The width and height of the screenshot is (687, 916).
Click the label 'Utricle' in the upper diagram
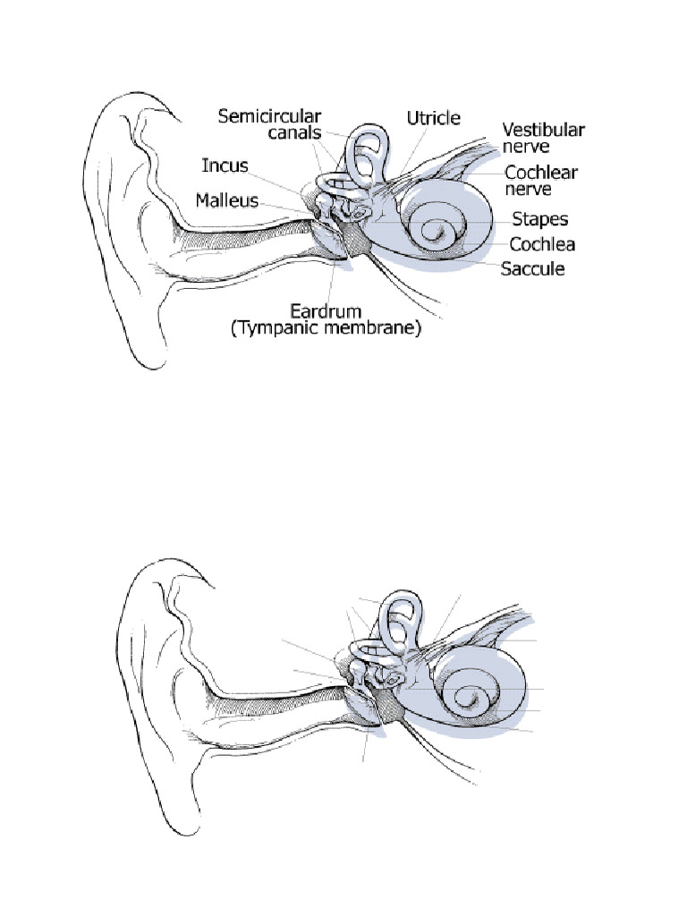[x=434, y=118]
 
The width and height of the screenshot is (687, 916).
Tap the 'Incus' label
[x=225, y=166]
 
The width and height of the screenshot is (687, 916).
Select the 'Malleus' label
[x=227, y=201]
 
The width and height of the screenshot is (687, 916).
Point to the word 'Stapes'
[x=539, y=219]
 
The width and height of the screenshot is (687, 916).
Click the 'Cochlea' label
[x=542, y=244]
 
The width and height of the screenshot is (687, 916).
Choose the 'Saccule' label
[x=532, y=268]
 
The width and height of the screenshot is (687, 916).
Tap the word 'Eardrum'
[x=325, y=311]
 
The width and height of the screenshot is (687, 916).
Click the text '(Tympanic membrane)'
[x=325, y=330]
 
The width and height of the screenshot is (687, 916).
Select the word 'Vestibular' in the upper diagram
[x=543, y=130]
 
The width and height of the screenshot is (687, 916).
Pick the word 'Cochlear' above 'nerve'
[x=541, y=173]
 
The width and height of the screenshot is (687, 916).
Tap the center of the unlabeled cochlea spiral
[x=468, y=698]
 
